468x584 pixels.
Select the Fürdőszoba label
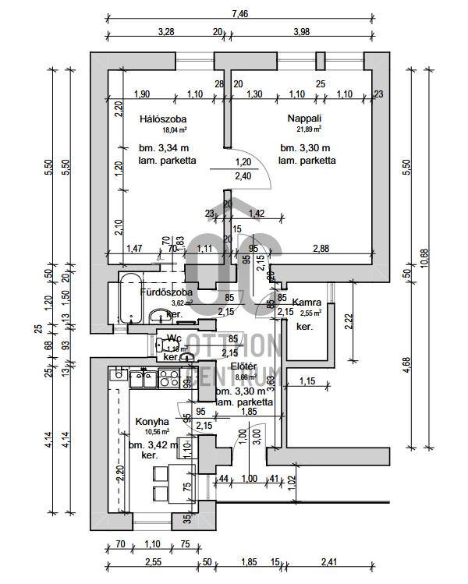(162, 292)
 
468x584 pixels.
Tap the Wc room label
(174, 338)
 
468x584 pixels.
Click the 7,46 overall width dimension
(241, 13)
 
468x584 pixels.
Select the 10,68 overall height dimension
(424, 258)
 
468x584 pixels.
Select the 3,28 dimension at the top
(165, 31)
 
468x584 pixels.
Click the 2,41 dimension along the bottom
(329, 561)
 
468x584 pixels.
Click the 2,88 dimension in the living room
(320, 248)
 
